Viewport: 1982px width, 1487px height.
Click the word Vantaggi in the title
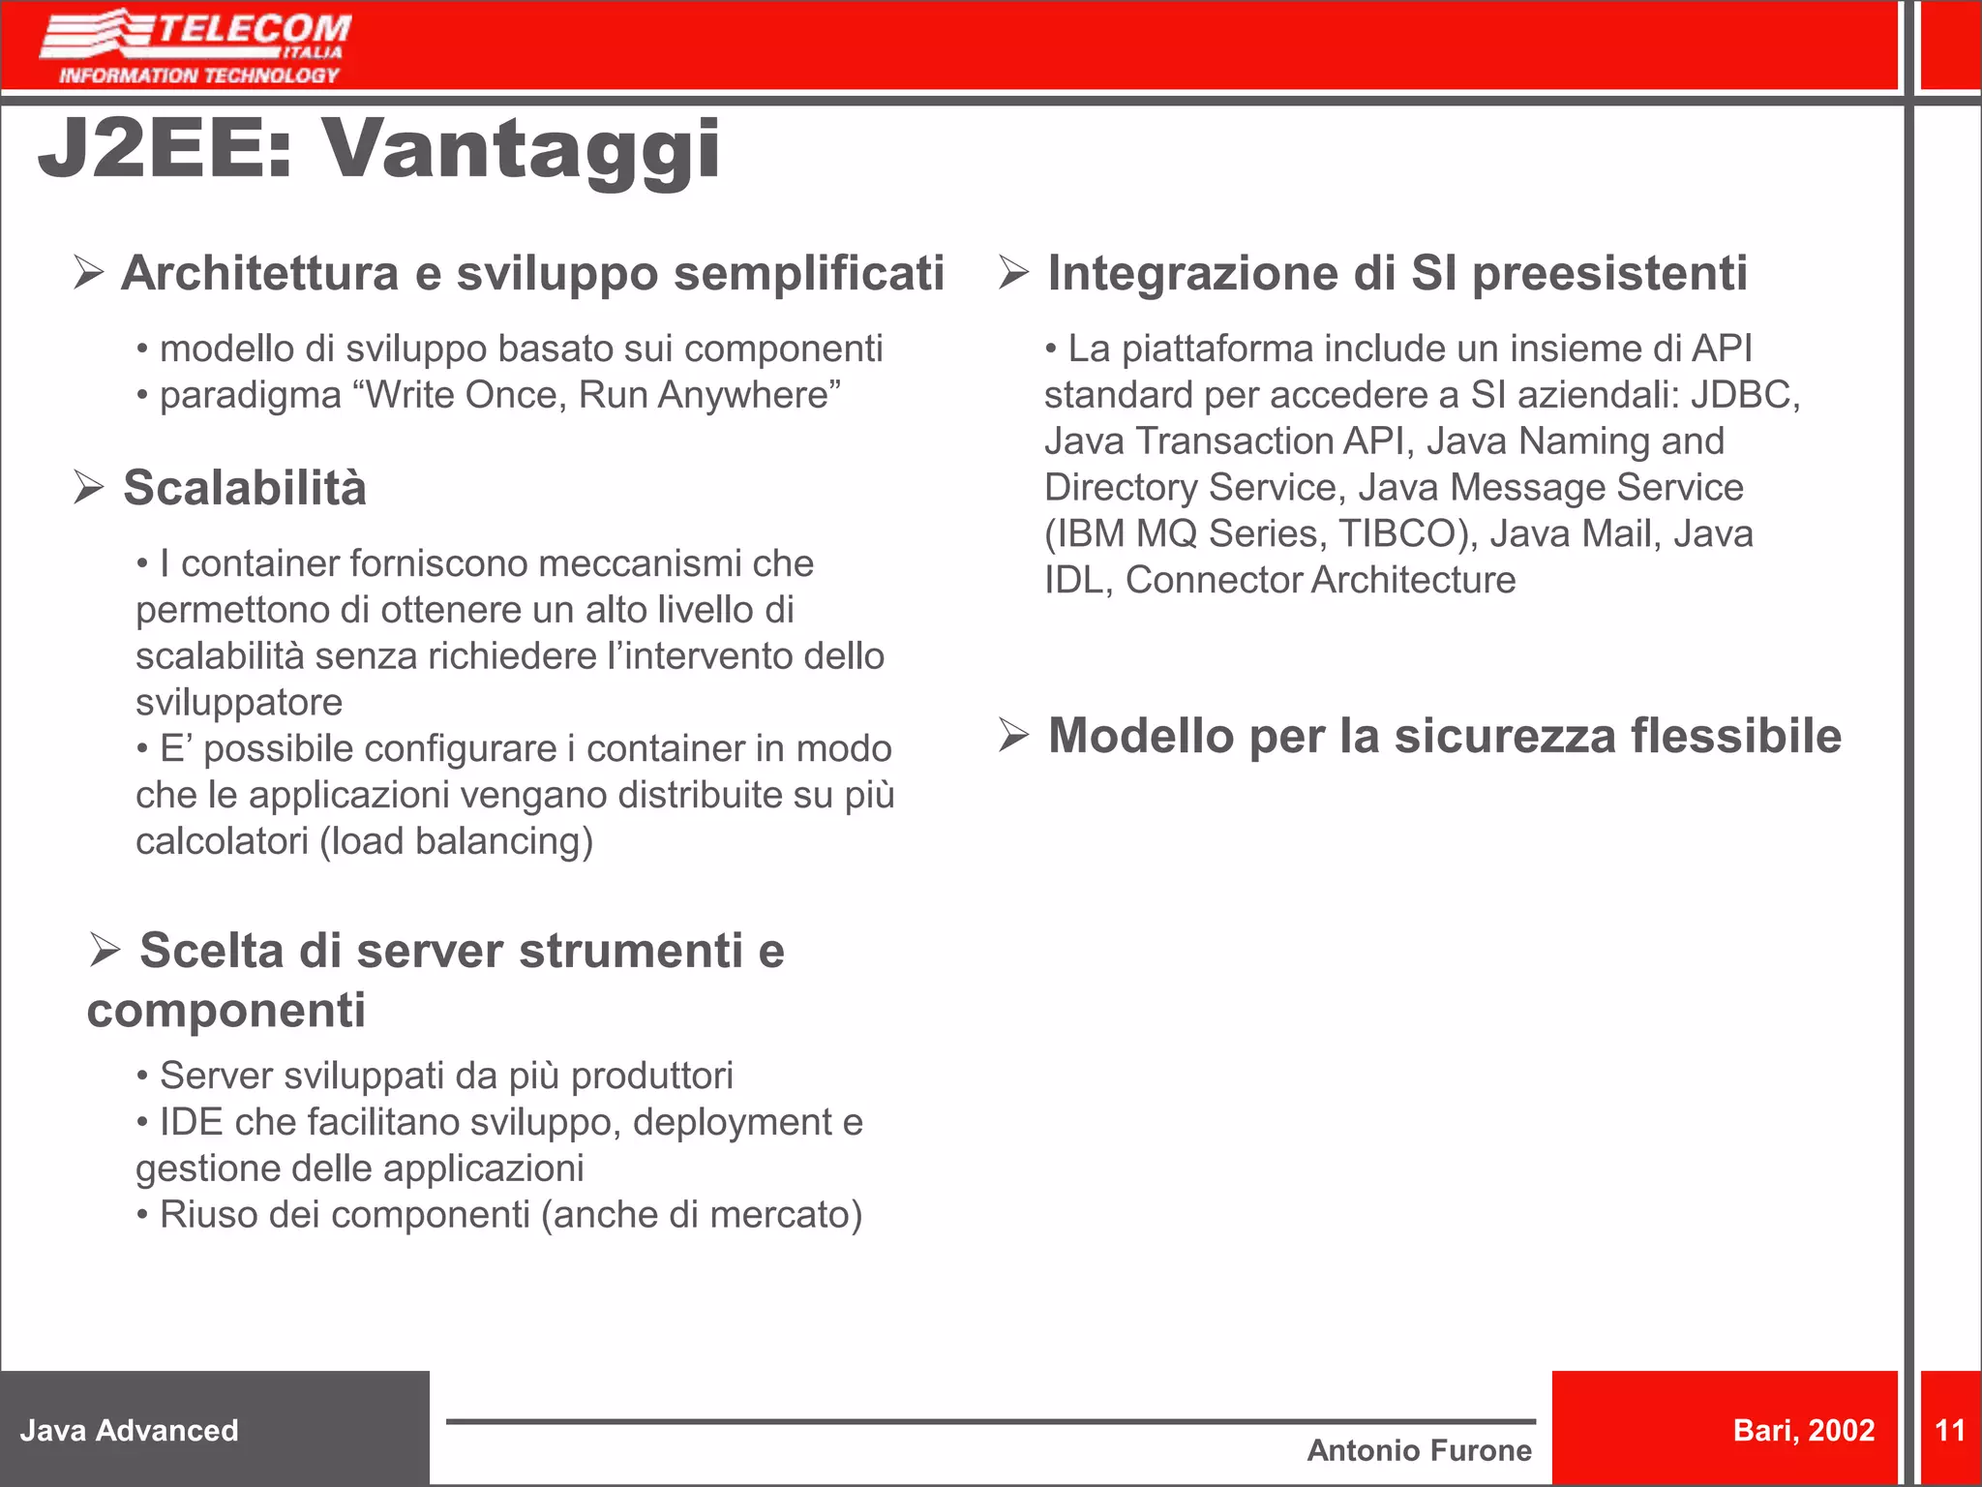[x=522, y=149]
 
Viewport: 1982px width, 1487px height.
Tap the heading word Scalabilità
[x=245, y=487]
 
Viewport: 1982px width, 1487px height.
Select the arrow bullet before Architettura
[x=89, y=272]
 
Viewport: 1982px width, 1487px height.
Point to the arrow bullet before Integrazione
[x=1014, y=272]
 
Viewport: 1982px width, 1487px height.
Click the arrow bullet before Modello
[x=1014, y=735]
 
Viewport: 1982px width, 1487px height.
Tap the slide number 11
[x=1949, y=1430]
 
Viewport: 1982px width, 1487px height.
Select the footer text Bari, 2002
[x=1804, y=1430]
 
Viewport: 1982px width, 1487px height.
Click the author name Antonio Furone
[x=1419, y=1450]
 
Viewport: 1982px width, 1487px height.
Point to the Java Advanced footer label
[x=130, y=1430]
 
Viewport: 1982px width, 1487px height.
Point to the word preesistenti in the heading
[x=1609, y=272]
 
